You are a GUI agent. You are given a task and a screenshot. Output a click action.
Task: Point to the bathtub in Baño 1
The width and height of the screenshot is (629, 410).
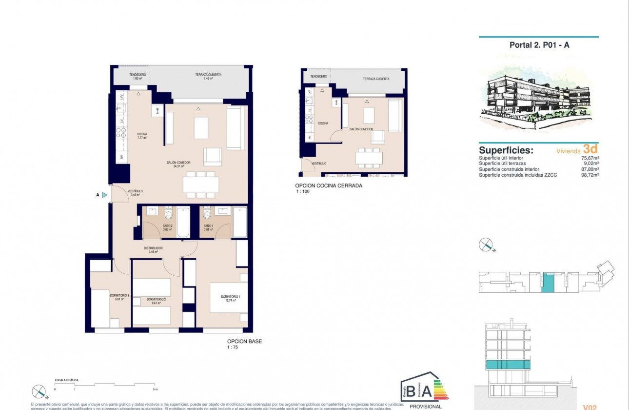240,222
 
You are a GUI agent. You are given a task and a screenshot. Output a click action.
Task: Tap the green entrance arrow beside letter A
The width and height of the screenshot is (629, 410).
104,195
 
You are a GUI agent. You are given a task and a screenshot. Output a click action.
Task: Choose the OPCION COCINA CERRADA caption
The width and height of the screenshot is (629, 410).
328,185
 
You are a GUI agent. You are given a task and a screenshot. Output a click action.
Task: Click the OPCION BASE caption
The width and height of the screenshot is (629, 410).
244,342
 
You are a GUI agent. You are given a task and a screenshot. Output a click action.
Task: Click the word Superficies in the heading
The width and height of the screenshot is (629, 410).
506,150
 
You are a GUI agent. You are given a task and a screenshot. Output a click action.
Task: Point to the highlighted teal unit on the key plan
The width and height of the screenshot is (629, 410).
549,284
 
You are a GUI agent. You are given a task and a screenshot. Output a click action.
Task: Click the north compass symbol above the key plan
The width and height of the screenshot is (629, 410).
486,245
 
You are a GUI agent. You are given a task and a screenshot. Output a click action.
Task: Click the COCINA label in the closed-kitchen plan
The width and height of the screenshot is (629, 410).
323,123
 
